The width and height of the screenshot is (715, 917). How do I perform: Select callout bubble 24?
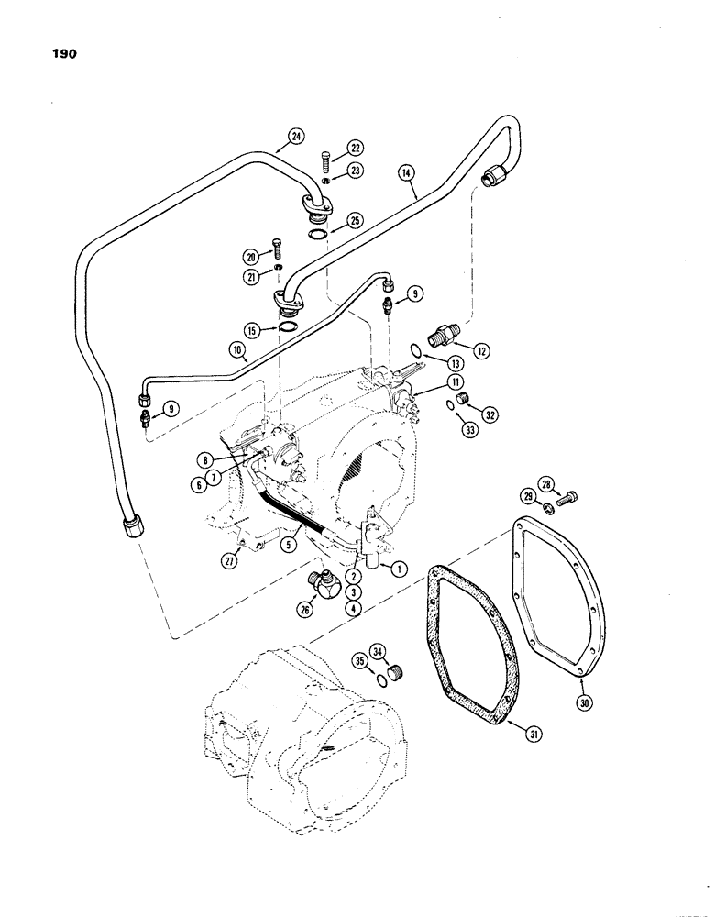295,138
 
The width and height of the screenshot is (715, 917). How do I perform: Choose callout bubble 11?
430,381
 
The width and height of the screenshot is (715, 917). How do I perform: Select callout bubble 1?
398,568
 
